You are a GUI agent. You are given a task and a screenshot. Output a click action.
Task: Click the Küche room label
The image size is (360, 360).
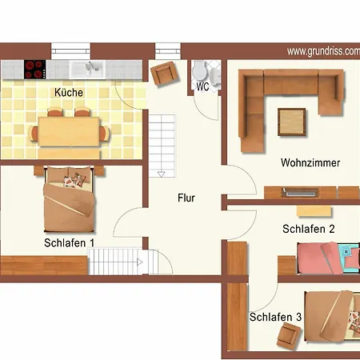point(68,93)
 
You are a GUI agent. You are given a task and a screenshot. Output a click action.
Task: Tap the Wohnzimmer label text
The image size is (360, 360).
point(310,163)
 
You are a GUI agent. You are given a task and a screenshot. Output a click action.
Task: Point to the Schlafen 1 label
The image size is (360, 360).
point(70,242)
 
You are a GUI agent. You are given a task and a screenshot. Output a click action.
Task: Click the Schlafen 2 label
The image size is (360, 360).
point(308,229)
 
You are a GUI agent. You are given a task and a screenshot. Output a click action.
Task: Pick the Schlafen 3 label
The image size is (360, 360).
point(274,318)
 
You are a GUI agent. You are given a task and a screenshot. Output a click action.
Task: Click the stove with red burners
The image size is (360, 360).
point(35,70)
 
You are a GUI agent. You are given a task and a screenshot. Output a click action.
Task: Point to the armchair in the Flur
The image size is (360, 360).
point(165,73)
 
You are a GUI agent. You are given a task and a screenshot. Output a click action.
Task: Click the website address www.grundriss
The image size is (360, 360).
point(322,51)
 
